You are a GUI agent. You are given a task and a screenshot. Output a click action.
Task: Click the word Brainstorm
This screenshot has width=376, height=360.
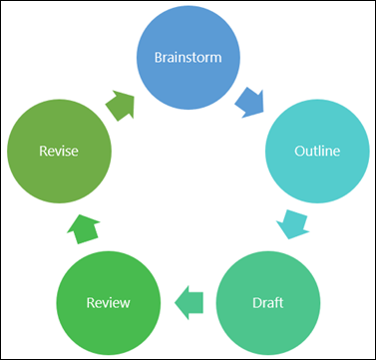point(187,56)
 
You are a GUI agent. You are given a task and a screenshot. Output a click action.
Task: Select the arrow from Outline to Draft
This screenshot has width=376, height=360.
point(292,223)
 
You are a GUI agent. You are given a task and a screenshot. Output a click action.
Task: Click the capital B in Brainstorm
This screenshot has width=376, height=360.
point(158,56)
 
